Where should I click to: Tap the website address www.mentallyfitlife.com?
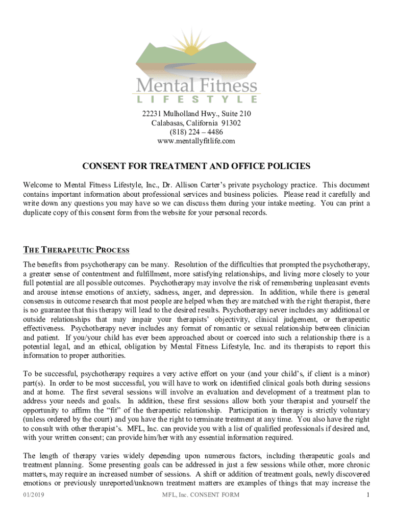point(196,141)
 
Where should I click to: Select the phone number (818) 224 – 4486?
point(196,132)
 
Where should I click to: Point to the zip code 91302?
point(231,123)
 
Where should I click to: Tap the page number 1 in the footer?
point(367,495)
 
